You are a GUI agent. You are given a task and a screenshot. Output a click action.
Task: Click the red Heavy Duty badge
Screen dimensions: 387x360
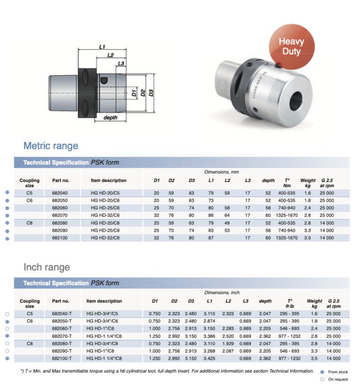click(291, 46)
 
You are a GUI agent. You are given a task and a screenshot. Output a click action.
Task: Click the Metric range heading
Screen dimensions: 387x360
click(51, 146)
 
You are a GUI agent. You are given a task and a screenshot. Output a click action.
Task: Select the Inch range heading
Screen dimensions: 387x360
click(46, 267)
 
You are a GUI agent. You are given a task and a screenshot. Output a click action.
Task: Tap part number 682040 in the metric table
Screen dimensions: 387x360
click(60, 193)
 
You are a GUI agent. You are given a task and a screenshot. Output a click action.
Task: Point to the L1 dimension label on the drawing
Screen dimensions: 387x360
click(102, 47)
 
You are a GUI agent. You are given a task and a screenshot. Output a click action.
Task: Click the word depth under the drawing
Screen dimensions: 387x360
click(110, 118)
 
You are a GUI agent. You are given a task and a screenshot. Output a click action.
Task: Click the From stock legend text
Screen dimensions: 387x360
click(338, 372)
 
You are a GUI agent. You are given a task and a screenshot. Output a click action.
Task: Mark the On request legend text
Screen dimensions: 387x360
click(338, 379)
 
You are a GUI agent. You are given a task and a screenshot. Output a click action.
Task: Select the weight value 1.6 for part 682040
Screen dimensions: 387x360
click(307, 193)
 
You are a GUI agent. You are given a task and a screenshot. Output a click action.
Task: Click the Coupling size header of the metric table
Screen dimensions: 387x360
click(30, 183)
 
